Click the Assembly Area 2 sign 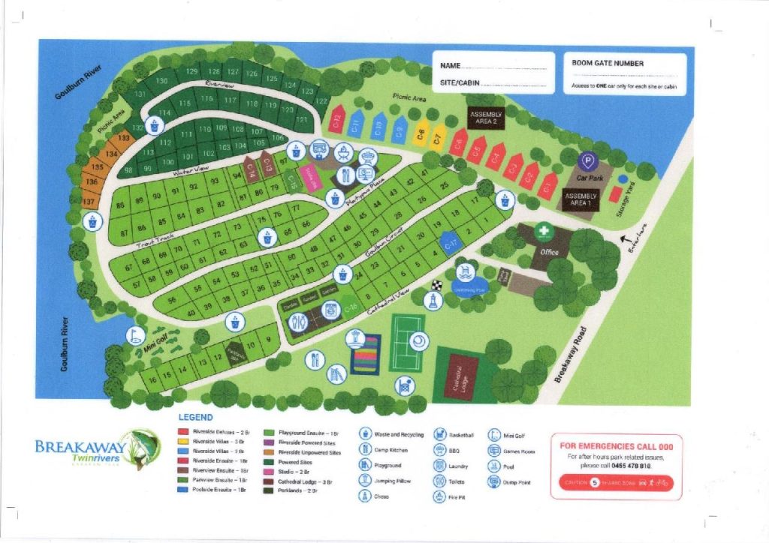point(484,118)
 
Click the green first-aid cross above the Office point(544,232)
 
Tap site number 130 point(161,81)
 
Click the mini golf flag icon point(136,334)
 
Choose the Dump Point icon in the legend point(494,481)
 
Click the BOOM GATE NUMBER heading point(608,64)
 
